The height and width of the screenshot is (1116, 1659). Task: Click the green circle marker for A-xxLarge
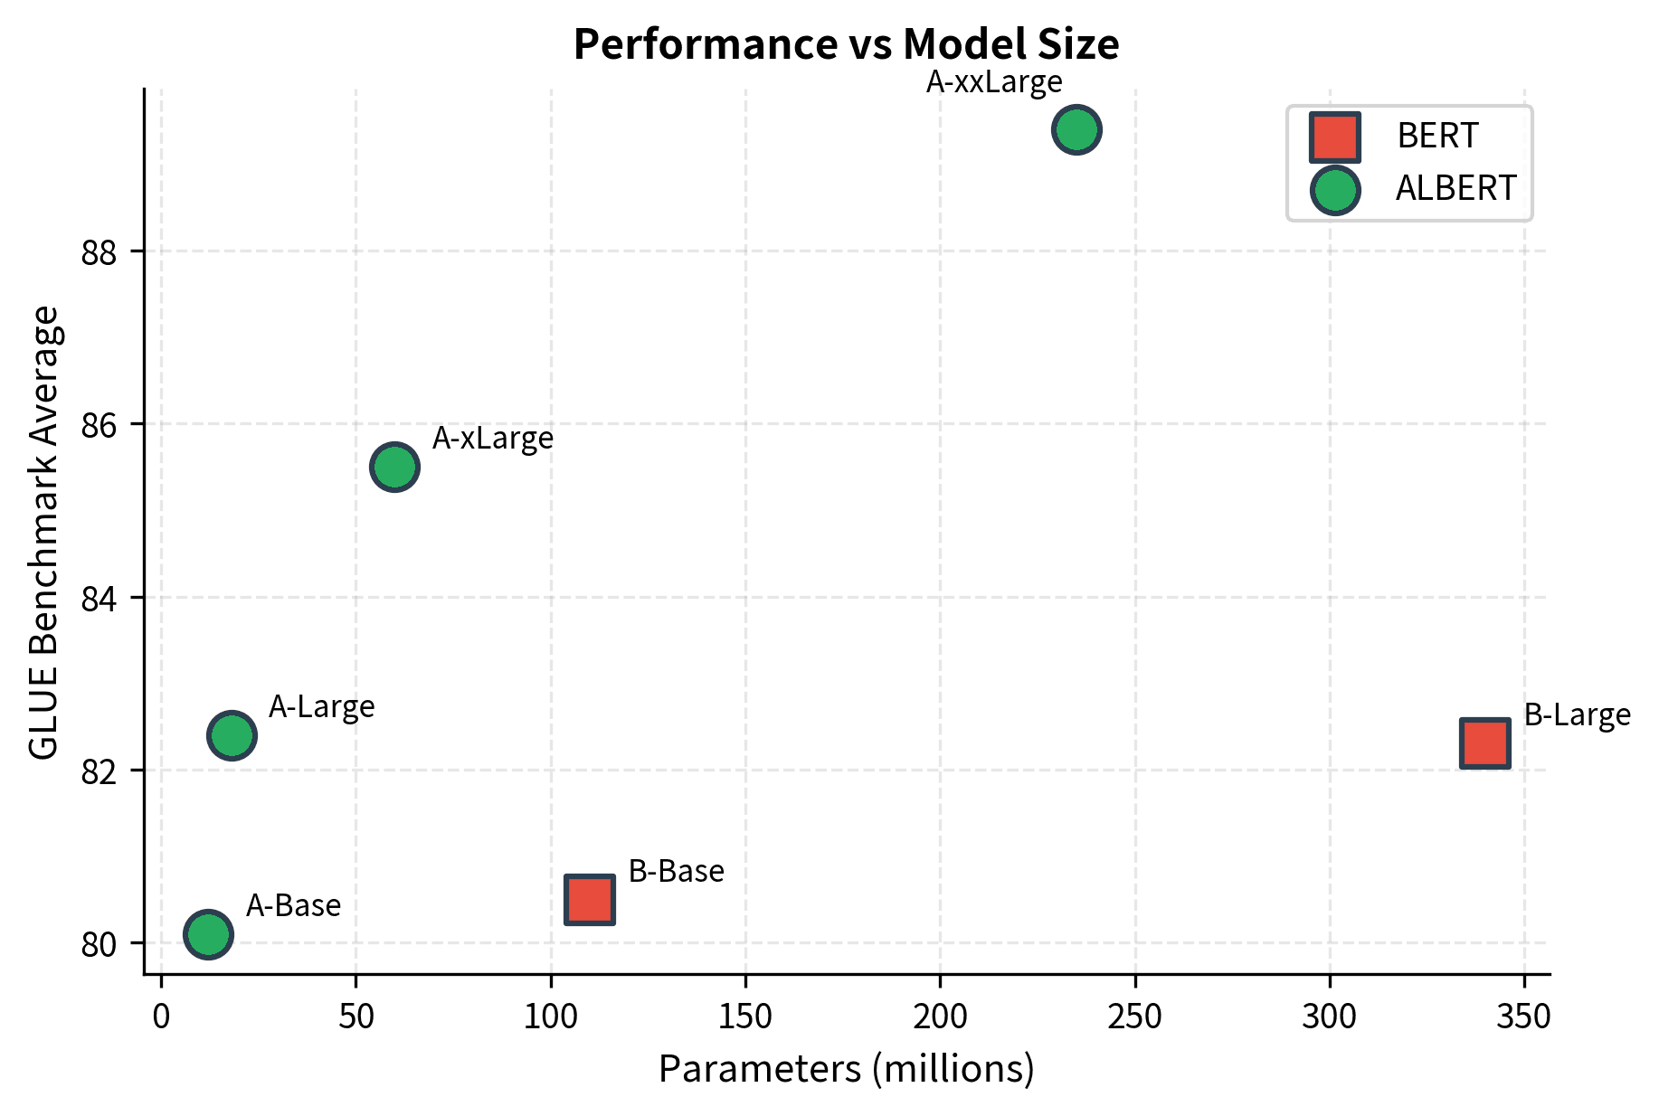[x=1076, y=130]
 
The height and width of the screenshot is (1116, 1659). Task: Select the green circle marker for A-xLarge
[x=394, y=468]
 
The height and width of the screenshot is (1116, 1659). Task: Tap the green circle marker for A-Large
[x=232, y=735]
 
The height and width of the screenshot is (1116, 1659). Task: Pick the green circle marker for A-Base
[x=208, y=934]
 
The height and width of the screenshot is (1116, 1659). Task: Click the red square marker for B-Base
[x=590, y=900]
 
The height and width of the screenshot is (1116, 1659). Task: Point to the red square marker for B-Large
[x=1484, y=743]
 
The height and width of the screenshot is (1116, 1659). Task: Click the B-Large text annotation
[x=1577, y=715]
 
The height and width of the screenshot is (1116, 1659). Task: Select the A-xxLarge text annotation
[x=993, y=82]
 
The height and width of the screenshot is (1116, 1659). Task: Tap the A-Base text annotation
[x=293, y=905]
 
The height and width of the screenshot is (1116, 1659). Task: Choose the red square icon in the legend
[x=1334, y=137]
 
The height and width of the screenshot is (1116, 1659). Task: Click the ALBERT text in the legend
[x=1455, y=189]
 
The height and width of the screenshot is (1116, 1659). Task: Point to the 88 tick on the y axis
[x=100, y=251]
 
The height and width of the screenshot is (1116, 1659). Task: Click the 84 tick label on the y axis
[x=100, y=598]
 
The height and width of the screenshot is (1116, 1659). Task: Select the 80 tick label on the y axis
[x=100, y=944]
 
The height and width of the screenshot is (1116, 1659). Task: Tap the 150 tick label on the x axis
[x=745, y=1017]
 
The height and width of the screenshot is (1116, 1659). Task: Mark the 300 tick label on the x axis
[x=1329, y=1017]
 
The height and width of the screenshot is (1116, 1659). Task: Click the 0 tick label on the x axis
[x=161, y=1017]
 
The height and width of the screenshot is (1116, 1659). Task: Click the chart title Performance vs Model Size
[x=846, y=44]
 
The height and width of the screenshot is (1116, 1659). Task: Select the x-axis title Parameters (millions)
[x=846, y=1069]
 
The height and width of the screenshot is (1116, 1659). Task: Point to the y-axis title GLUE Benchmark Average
[x=43, y=534]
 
